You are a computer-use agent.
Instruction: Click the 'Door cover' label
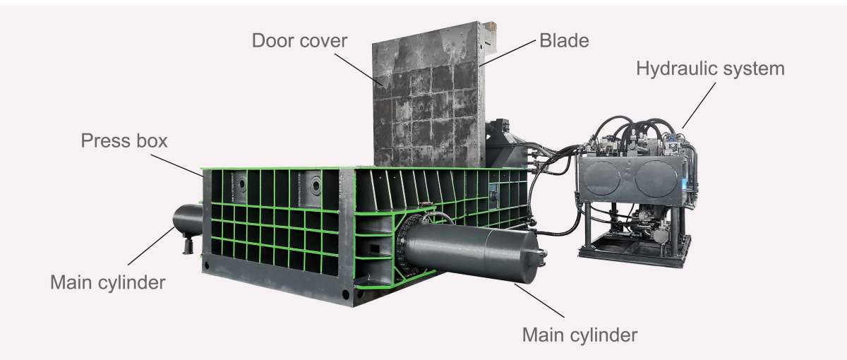(299, 41)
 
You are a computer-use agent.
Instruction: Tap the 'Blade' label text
(564, 40)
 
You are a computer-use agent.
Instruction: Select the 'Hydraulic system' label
(711, 69)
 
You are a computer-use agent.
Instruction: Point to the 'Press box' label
(124, 140)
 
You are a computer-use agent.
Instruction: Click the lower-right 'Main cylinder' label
(579, 335)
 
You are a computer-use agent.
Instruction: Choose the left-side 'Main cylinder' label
(108, 282)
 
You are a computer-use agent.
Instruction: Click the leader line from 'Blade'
(507, 53)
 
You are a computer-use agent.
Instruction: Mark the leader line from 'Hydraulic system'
(699, 105)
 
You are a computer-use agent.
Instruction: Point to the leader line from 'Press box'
(177, 165)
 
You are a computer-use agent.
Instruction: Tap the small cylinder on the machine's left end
(188, 220)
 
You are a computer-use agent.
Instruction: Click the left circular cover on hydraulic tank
(601, 178)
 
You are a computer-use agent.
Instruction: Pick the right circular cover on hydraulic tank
(656, 179)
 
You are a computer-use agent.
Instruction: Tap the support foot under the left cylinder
(188, 245)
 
